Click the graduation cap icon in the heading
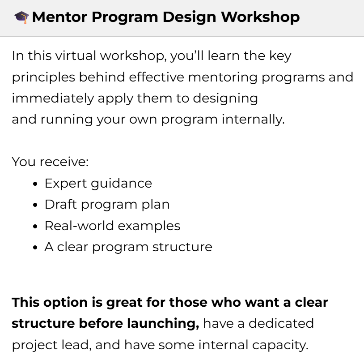[x=21, y=17]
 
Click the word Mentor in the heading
[x=59, y=17]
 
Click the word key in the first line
[x=280, y=56]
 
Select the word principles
[x=43, y=77]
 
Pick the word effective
[x=157, y=77]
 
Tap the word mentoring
[x=223, y=77]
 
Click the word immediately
[x=53, y=99]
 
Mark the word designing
[x=225, y=99]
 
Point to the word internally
[x=253, y=120]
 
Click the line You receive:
[x=50, y=162]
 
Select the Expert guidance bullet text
[x=98, y=184]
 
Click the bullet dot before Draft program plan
[x=35, y=205]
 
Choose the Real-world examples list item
[x=113, y=226]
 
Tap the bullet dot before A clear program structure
[x=35, y=247]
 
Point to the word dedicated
[x=281, y=324]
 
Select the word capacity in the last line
[x=280, y=345]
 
